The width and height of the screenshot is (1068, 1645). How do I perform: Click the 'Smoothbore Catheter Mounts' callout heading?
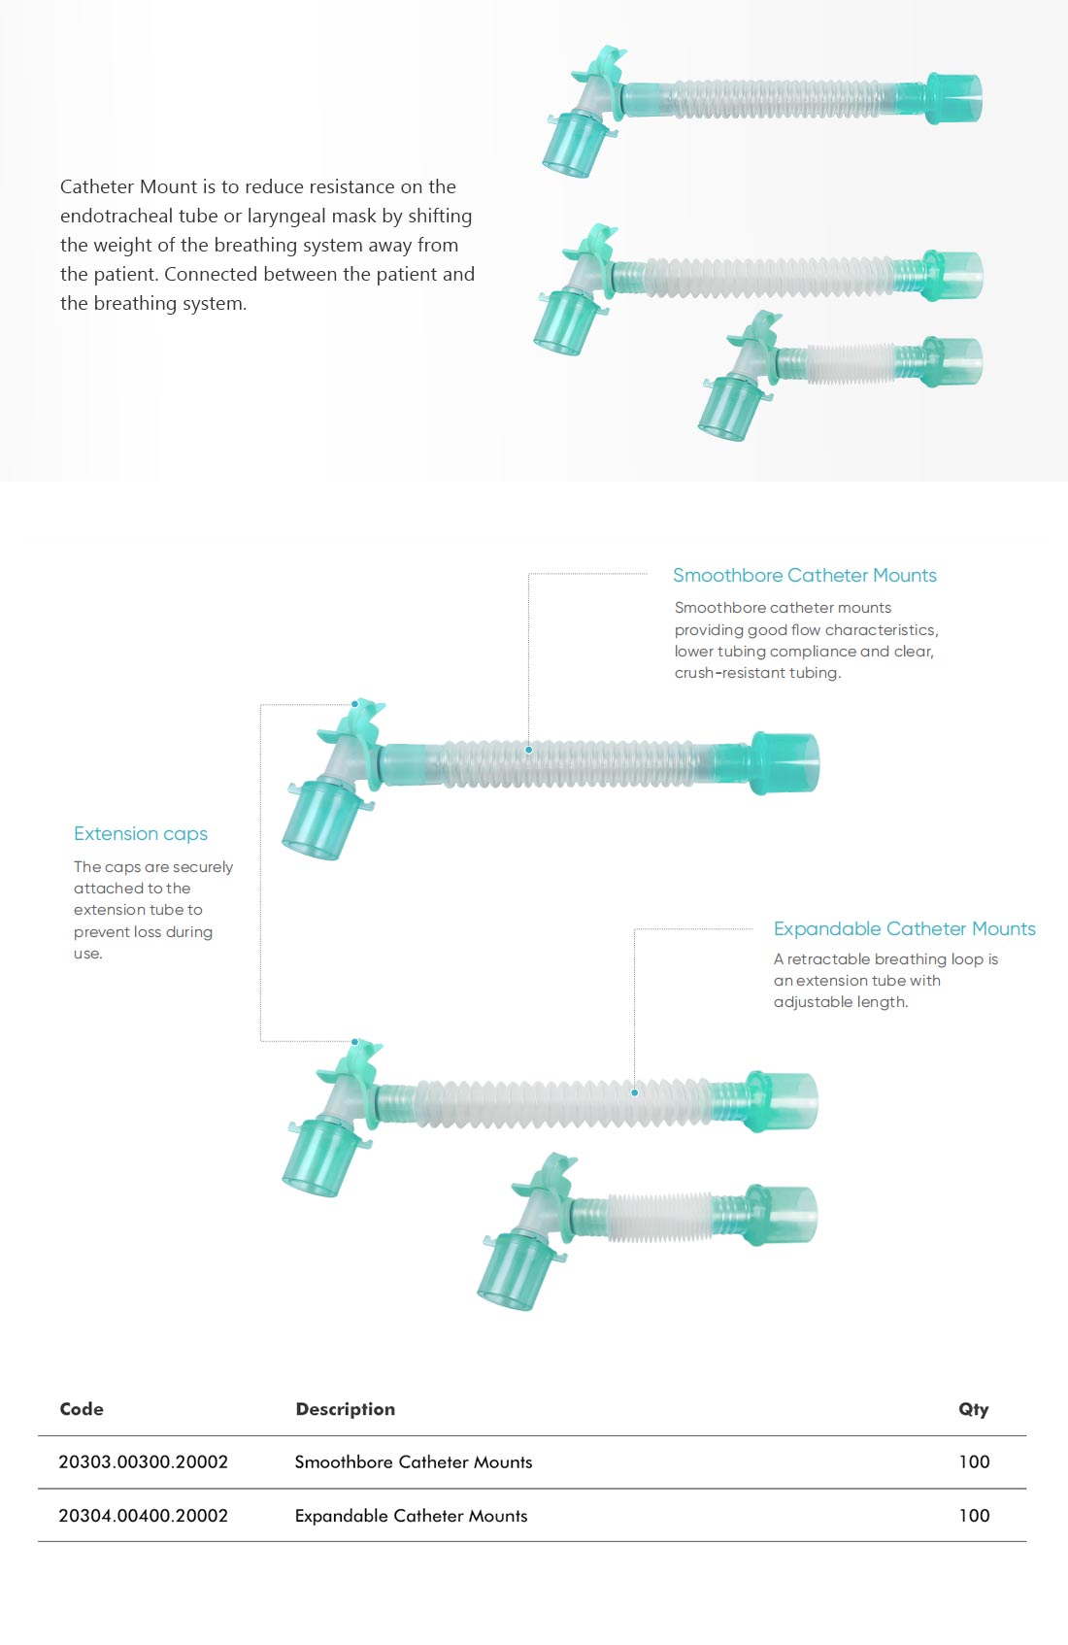tap(805, 575)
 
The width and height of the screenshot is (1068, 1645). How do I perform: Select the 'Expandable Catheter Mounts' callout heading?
tap(904, 928)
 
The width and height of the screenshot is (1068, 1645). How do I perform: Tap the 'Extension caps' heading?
tap(140, 833)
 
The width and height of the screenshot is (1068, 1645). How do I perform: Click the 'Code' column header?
tap(82, 1408)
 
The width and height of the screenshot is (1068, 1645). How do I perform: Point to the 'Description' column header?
tap(345, 1408)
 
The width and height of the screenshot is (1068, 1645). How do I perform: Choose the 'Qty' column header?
tap(973, 1409)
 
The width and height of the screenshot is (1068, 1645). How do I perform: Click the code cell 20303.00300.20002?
tap(143, 1461)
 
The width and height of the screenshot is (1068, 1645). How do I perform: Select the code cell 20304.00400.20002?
tap(143, 1515)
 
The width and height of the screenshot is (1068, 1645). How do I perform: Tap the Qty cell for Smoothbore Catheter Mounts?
tap(974, 1461)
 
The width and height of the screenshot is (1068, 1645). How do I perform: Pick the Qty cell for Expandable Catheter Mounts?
tap(974, 1515)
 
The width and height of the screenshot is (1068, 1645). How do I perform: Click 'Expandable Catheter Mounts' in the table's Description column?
tap(411, 1516)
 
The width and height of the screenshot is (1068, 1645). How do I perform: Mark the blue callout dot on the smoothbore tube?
tap(528, 750)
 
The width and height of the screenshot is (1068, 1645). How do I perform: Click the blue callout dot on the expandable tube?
tap(634, 1092)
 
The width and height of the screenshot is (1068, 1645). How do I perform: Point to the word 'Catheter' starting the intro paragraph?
tap(97, 186)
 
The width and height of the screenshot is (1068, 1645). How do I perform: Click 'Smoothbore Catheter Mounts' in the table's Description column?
tap(414, 1462)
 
